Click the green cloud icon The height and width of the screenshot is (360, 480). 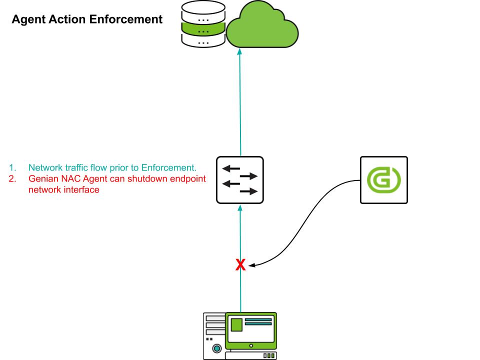(x=262, y=28)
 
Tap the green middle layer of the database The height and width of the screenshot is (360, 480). (x=203, y=30)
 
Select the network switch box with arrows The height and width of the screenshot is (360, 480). (x=240, y=180)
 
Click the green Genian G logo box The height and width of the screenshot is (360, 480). (x=384, y=180)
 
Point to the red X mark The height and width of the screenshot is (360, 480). (x=240, y=265)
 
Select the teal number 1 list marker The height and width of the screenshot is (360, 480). (x=11, y=167)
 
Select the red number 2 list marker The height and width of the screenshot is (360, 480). (x=11, y=178)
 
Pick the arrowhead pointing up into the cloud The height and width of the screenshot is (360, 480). (x=240, y=52)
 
